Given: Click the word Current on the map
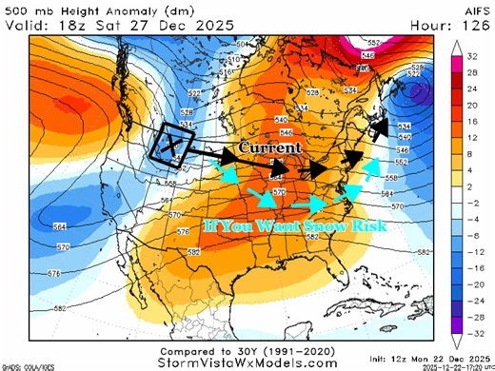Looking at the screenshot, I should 269,148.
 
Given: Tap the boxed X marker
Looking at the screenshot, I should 171,146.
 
